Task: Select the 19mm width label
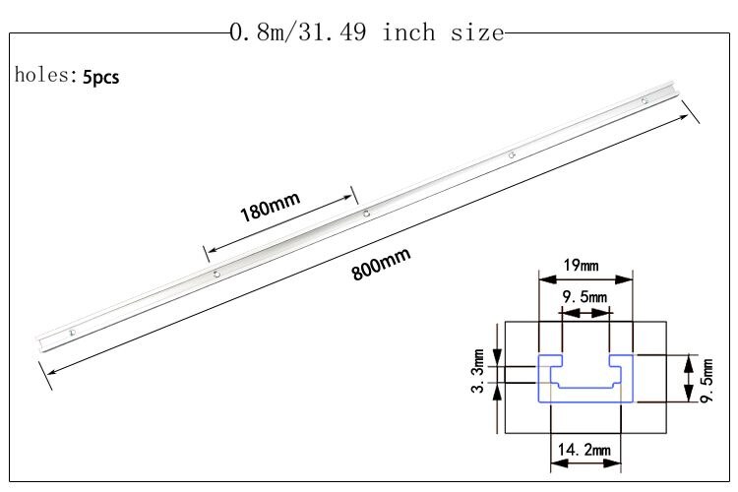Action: [582, 265]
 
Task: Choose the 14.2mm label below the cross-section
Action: [585, 451]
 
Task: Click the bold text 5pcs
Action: [101, 77]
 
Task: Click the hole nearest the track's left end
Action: [72, 334]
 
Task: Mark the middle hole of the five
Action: [365, 213]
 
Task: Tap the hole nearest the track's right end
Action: [644, 100]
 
